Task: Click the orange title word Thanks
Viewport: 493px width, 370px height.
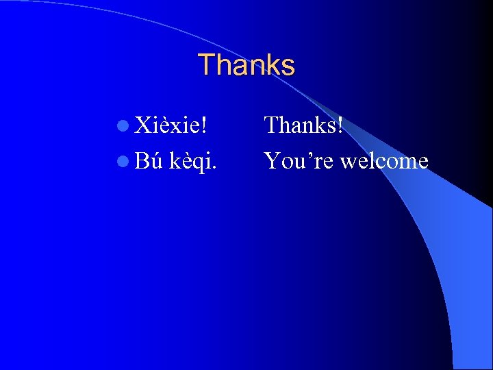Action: tap(246, 65)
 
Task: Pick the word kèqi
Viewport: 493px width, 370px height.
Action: tap(193, 162)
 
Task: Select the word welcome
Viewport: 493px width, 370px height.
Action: tap(385, 161)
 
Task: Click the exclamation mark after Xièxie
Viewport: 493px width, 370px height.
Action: tap(205, 125)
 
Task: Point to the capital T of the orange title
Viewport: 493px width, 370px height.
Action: tap(205, 65)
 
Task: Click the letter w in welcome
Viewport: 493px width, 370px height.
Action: tap(349, 162)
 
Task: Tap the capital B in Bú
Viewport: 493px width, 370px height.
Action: tap(141, 161)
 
